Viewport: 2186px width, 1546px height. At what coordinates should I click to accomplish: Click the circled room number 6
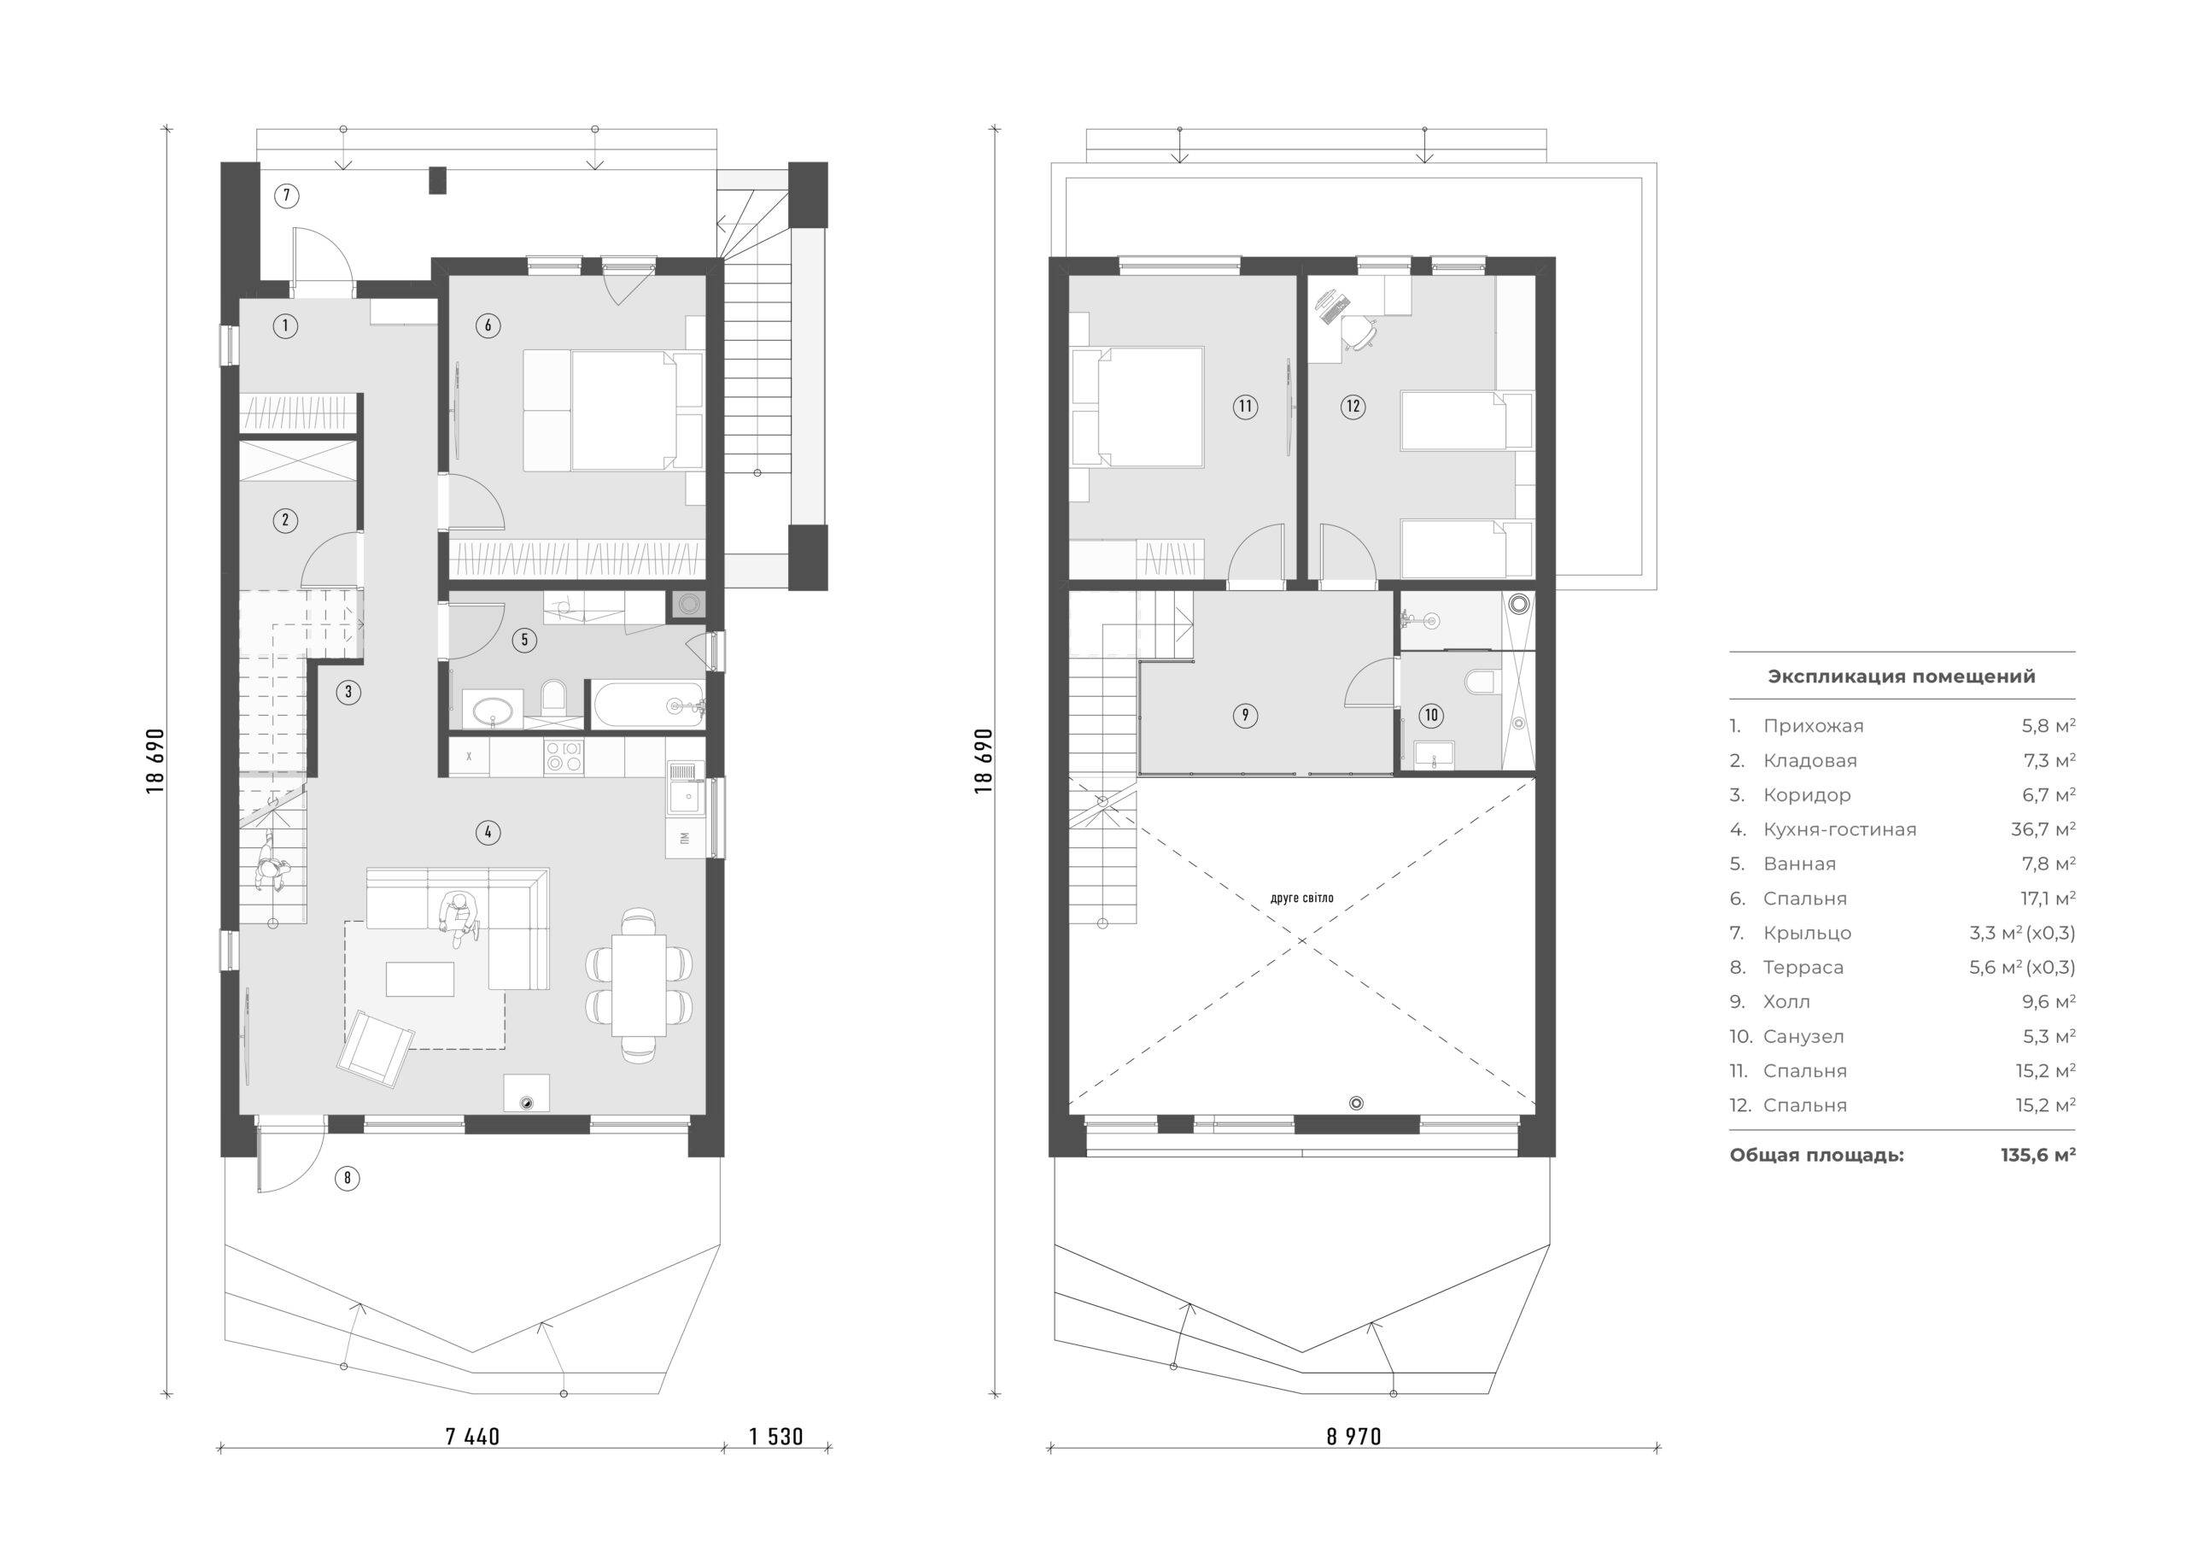(488, 325)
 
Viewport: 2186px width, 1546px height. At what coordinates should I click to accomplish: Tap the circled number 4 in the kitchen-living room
(488, 833)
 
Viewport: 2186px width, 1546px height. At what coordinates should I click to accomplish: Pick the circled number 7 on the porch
(285, 196)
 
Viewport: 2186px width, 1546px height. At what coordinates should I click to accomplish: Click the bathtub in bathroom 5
(647, 705)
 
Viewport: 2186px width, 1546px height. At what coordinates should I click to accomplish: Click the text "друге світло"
(1302, 898)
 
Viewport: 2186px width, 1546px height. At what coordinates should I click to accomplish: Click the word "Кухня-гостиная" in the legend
(1839, 829)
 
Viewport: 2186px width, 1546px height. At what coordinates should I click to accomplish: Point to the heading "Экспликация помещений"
(1902, 676)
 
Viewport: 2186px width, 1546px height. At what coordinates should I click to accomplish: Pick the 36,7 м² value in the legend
(2043, 829)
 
